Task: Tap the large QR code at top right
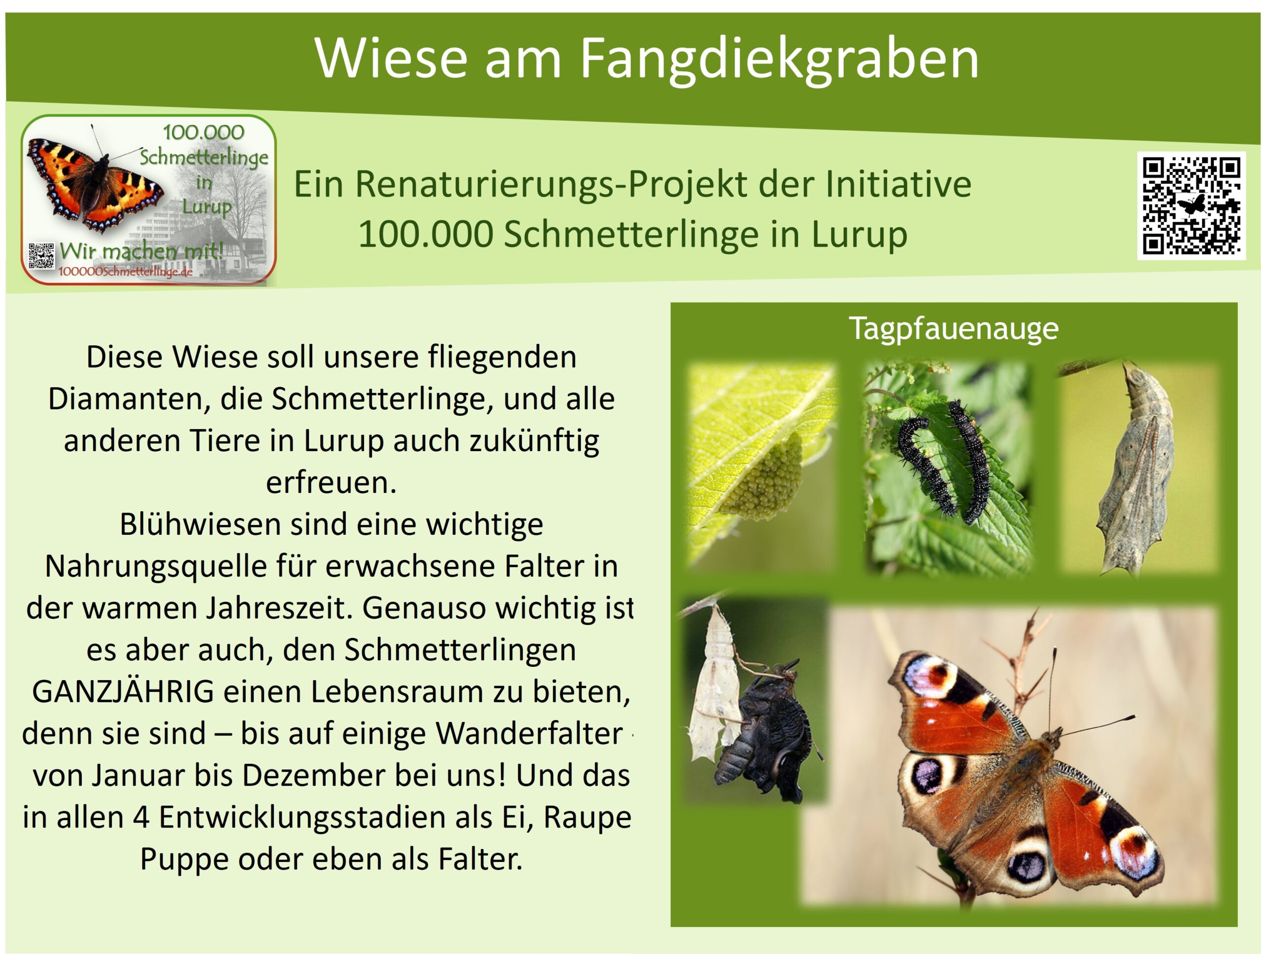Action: tap(1192, 206)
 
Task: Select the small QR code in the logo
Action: tap(41, 256)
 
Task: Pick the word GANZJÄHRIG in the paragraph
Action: tap(123, 692)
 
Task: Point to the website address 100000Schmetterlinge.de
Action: tap(126, 272)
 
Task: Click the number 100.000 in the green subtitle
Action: tap(425, 234)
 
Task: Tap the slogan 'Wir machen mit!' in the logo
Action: tap(141, 250)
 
